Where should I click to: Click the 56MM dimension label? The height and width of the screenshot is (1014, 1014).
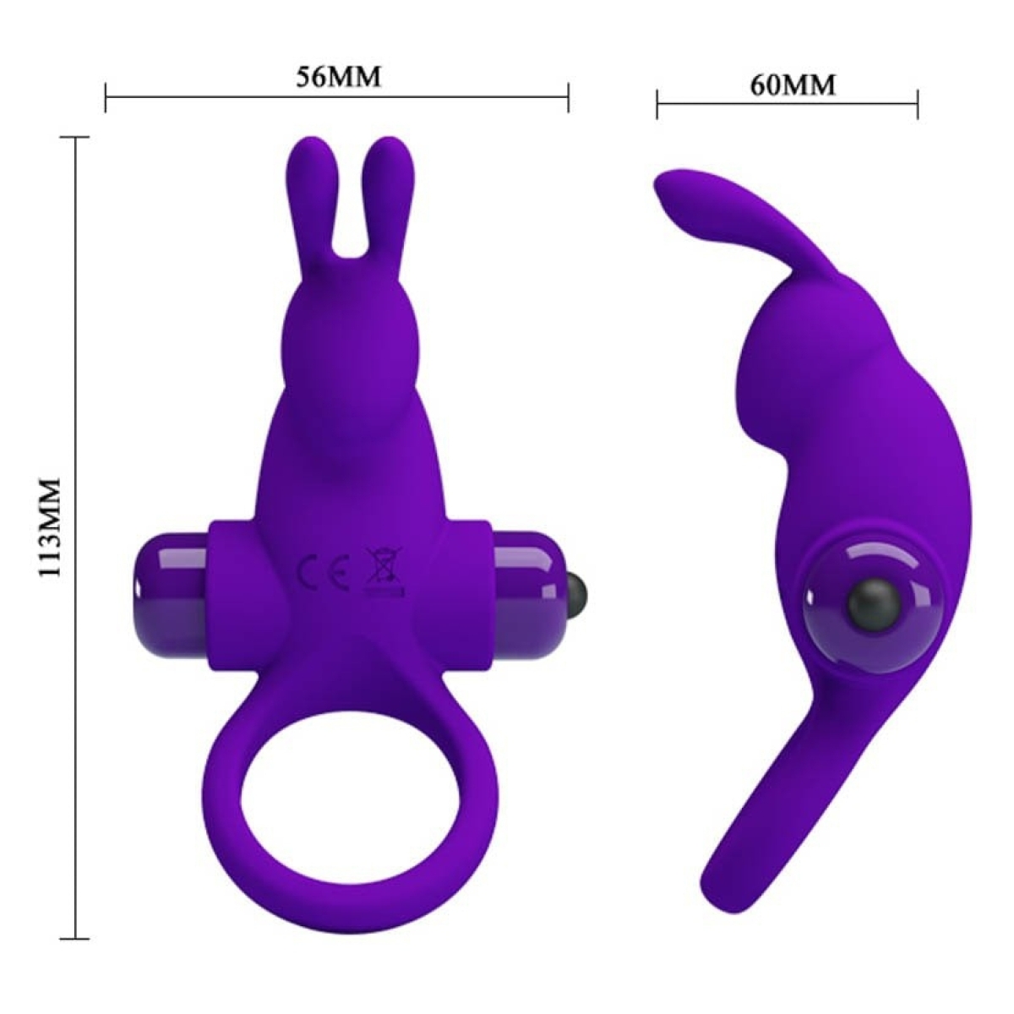coord(338,77)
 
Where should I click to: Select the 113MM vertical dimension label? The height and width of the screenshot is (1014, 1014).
coord(52,526)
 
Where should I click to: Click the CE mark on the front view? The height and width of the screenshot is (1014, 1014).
coord(324,571)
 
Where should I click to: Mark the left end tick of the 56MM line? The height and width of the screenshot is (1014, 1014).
coord(106,97)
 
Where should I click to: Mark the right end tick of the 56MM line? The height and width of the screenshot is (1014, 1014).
coord(569,97)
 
